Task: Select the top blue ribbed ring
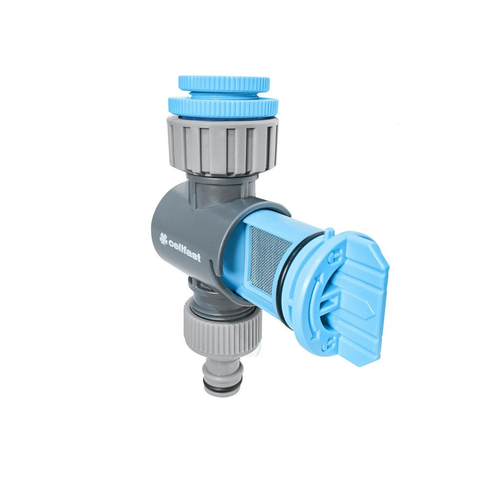click(224, 82)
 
